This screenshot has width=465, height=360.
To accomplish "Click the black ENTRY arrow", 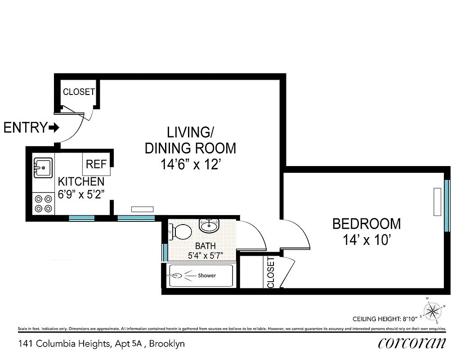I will click(54, 128).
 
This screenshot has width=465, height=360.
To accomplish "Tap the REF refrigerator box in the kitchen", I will click(96, 164).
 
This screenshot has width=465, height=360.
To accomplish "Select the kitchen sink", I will click(43, 168).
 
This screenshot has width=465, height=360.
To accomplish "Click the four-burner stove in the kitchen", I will click(43, 203).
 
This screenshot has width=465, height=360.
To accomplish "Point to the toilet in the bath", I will click(180, 232).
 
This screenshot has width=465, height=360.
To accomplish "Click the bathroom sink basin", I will click(209, 225).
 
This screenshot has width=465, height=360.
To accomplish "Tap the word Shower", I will click(207, 275).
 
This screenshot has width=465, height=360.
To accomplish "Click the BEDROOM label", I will click(366, 224).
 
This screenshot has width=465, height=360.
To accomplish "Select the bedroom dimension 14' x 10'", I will click(366, 240).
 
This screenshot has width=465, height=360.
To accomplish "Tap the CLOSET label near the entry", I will click(79, 92).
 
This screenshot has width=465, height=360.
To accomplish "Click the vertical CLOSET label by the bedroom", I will click(271, 272).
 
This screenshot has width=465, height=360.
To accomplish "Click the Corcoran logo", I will click(412, 343).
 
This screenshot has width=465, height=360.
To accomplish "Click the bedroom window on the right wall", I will click(447, 205).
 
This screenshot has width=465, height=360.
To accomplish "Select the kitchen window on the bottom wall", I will click(82, 218).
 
